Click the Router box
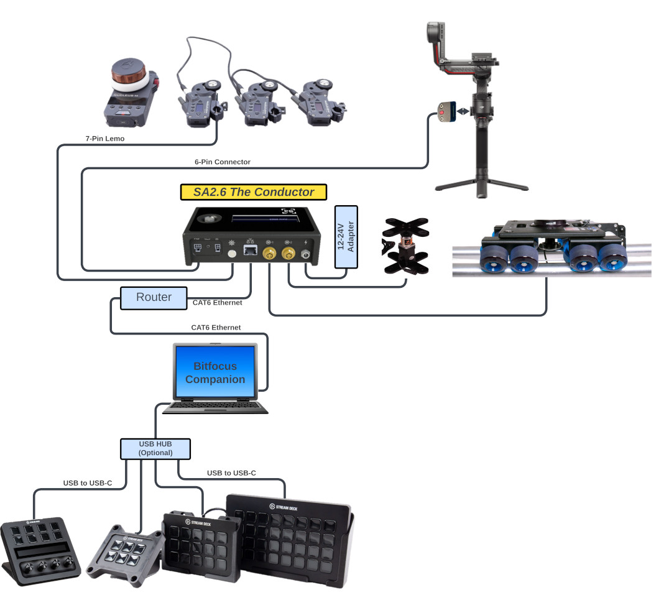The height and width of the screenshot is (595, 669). click(x=154, y=297)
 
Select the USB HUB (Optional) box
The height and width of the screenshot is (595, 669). click(x=155, y=448)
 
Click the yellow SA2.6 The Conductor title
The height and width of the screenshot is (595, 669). click(x=254, y=192)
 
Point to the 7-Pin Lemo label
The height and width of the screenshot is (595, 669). click(x=105, y=139)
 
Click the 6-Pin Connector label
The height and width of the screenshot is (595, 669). click(x=223, y=162)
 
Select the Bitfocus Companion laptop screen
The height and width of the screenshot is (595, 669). click(x=215, y=372)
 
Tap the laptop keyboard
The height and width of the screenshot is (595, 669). click(x=215, y=406)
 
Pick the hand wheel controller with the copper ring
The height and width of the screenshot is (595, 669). click(x=130, y=91)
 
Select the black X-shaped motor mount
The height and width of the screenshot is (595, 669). click(x=405, y=246)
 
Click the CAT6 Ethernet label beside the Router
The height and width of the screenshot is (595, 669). click(x=217, y=303)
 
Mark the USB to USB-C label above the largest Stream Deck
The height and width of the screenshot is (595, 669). click(x=231, y=473)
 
